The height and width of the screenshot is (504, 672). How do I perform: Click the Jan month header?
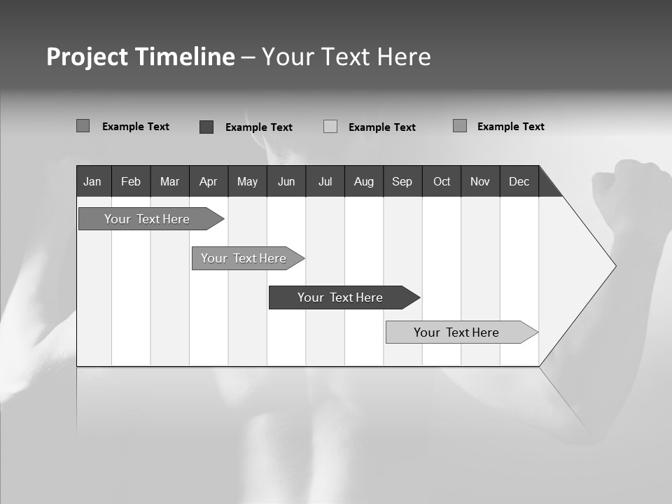point(92,181)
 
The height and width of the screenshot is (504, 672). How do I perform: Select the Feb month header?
point(131,181)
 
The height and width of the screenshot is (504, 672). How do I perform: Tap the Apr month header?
point(208,181)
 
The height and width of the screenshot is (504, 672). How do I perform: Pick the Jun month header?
point(286,181)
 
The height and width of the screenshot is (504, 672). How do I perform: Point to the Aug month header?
point(364,181)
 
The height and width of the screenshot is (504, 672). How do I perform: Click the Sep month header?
point(402,181)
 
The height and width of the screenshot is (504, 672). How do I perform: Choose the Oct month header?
point(442,181)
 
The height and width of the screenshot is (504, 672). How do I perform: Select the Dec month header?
point(519,181)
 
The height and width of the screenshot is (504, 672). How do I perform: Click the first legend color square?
point(83,126)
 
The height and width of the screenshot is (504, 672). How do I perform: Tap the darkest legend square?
point(206,127)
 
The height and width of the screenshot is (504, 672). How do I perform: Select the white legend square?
point(330,127)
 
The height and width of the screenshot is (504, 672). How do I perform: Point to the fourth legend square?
point(459,126)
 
